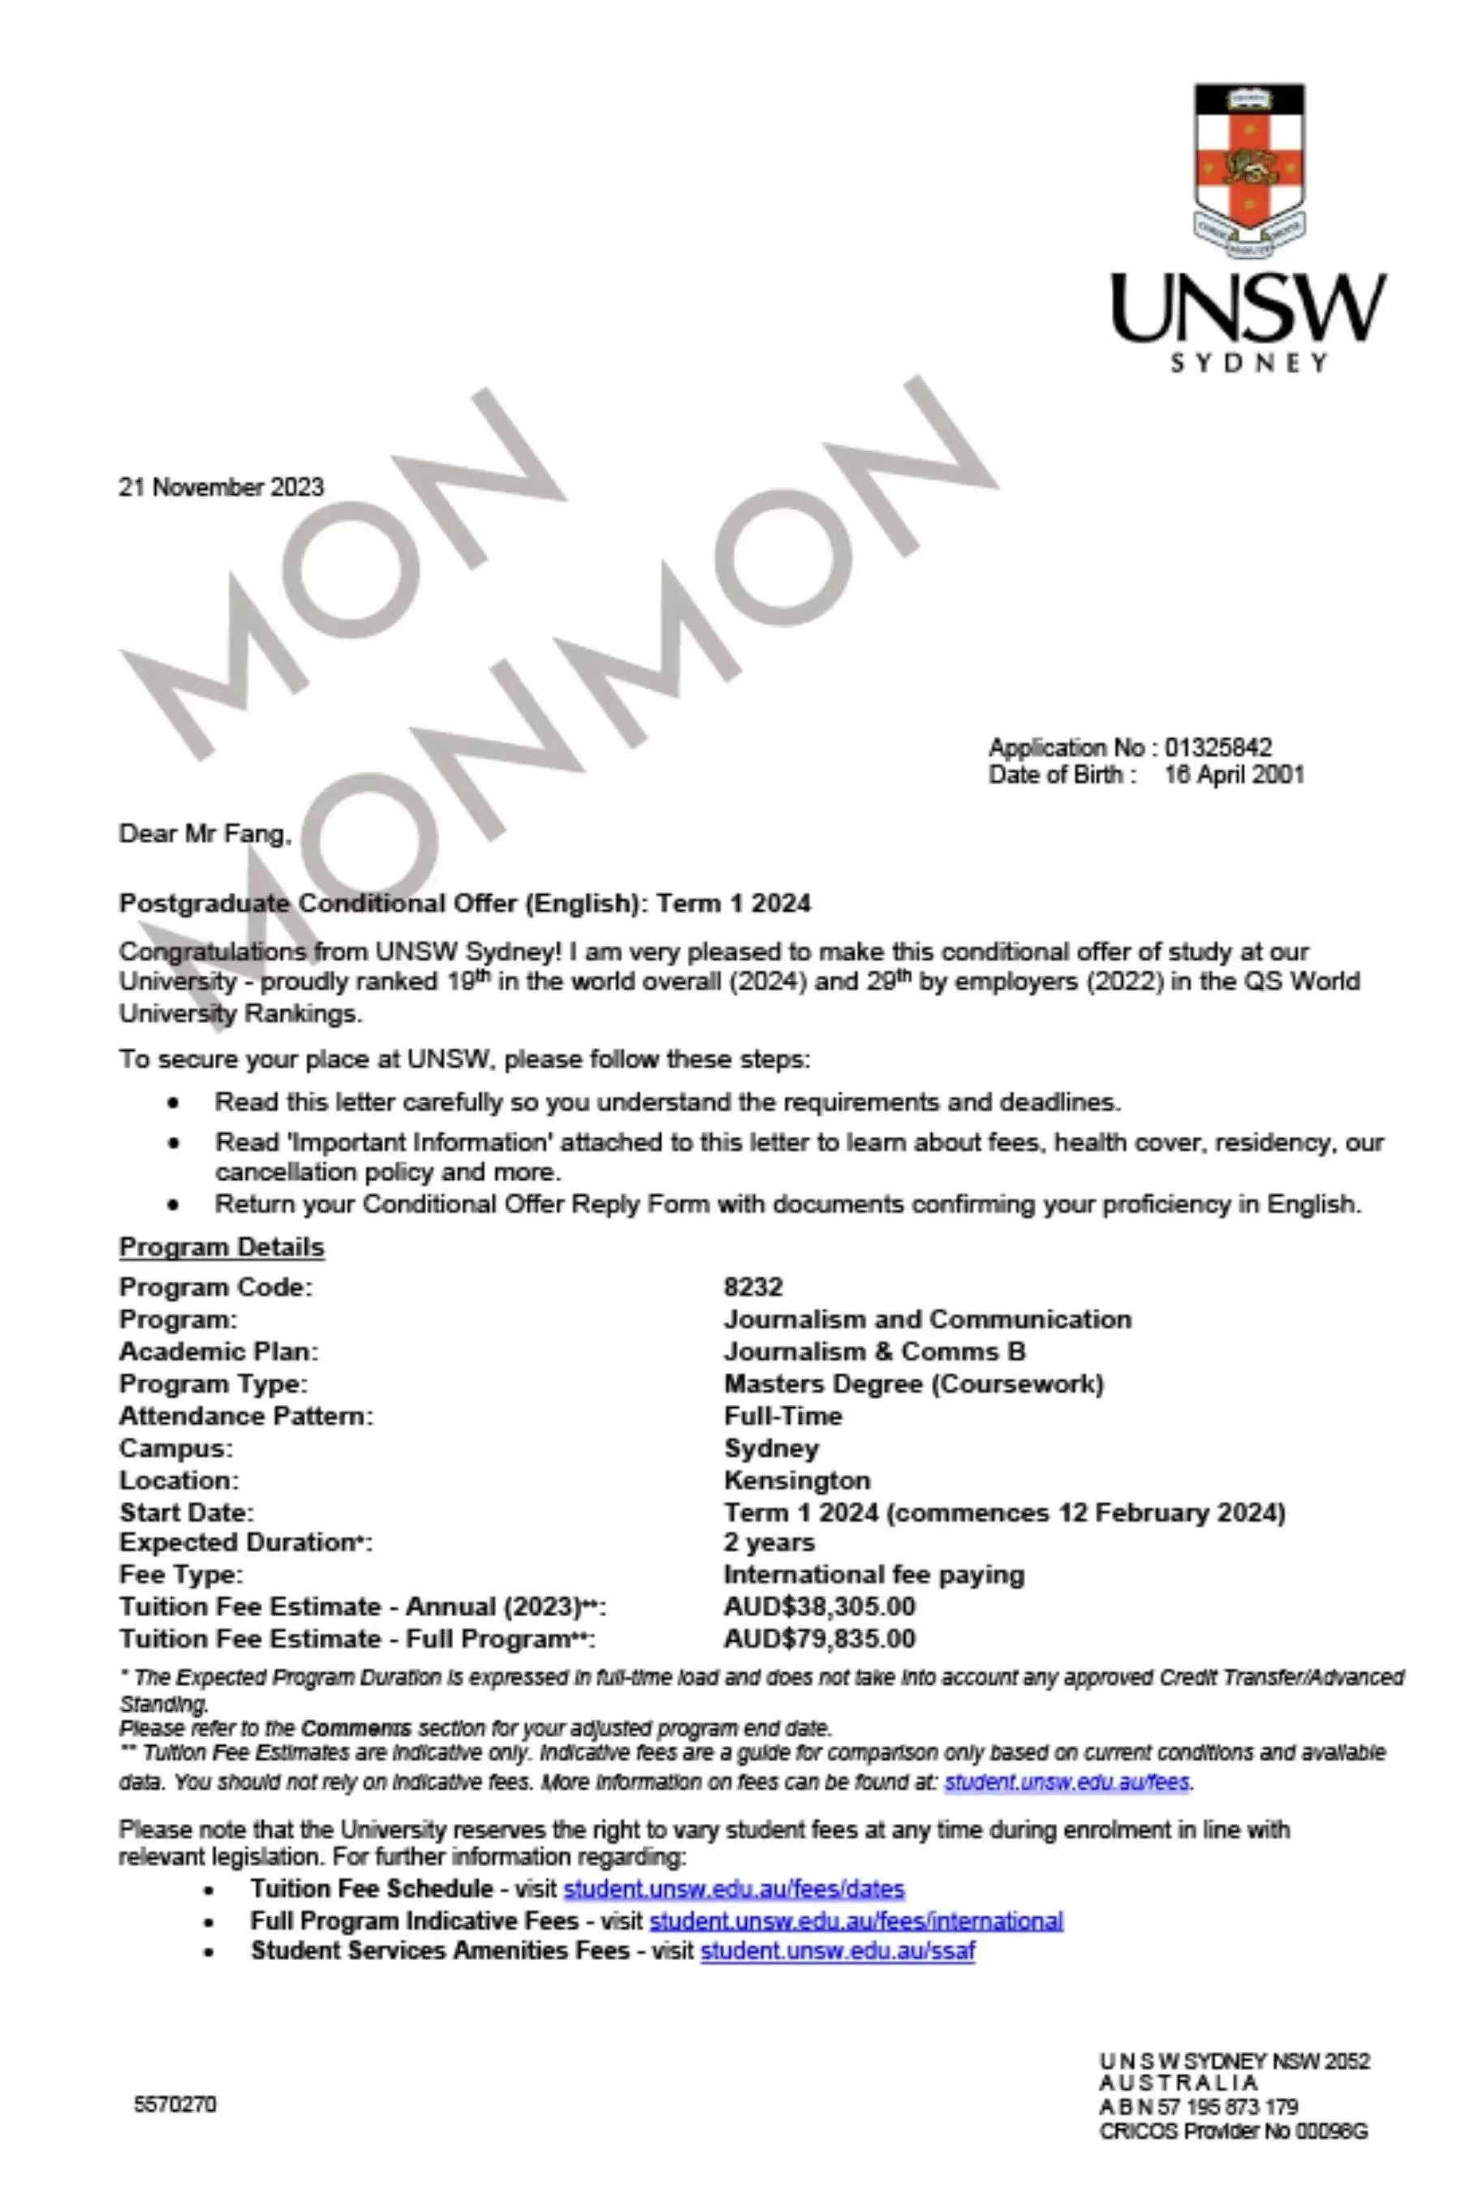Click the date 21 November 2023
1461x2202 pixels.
point(221,487)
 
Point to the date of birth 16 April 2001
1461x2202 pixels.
point(1234,775)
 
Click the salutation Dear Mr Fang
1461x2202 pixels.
point(205,834)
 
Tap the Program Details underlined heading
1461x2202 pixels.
point(221,1247)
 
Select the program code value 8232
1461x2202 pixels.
point(753,1288)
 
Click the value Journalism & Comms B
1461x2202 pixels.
point(874,1352)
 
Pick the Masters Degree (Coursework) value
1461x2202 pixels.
point(913,1384)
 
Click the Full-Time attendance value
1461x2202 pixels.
point(782,1416)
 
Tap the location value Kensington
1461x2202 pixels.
point(797,1480)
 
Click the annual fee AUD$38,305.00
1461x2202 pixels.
point(819,1606)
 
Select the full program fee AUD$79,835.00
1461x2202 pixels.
point(819,1638)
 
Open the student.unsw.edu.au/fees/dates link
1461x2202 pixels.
point(735,1889)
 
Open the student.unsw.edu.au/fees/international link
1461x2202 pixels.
point(855,1920)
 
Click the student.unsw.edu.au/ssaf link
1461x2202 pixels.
point(837,1950)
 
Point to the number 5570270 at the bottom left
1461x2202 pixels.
point(175,2104)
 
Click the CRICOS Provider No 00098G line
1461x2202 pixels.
point(1233,2131)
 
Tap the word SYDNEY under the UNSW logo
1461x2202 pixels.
point(1248,363)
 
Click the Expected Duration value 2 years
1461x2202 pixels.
point(769,1542)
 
